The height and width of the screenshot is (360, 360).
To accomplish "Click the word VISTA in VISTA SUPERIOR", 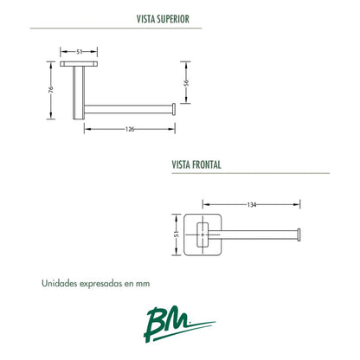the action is point(146,19).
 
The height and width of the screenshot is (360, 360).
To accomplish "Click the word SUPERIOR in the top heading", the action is point(173,19).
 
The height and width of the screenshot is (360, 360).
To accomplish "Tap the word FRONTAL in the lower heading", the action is point(207,164).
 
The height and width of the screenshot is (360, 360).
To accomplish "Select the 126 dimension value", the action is point(130,129).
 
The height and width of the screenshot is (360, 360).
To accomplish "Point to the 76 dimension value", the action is point(51,89).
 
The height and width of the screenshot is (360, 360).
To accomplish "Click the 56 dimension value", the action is point(186,82).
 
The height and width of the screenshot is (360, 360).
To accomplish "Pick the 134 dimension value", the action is point(252,205).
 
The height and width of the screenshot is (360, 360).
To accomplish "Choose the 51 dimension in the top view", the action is point(80,52).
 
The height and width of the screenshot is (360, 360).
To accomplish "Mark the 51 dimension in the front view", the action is point(177,234).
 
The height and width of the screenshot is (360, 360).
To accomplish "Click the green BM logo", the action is point(179,325).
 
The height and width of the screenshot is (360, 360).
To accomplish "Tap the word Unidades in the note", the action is point(60,283).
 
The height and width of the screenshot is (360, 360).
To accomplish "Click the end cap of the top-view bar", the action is point(174,109).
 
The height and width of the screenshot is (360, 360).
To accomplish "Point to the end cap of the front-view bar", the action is point(299,235).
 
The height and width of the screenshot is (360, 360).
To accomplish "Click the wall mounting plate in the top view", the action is point(79,64).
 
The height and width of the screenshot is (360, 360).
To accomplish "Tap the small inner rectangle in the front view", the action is point(202,235).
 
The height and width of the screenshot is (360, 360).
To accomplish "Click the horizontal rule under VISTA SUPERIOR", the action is point(116,29).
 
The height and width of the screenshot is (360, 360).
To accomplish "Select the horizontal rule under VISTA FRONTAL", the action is point(251,173).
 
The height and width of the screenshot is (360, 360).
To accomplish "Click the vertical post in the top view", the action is point(79,93).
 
